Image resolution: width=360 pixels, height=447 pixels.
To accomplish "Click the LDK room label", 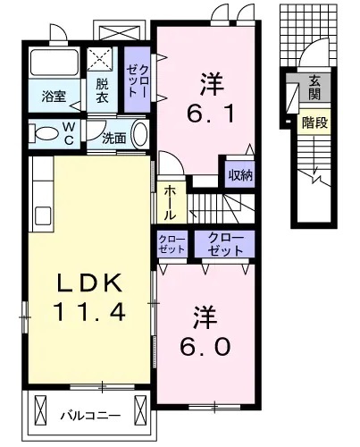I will tap(88, 283).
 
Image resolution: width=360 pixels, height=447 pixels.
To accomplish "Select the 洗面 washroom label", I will tap(113, 139).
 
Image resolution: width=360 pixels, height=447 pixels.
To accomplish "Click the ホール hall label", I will tap(170, 203).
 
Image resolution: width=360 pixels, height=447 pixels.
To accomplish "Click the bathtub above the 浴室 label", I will tap(54, 63).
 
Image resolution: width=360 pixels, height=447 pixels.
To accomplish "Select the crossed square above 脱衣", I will tap(101, 61).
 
